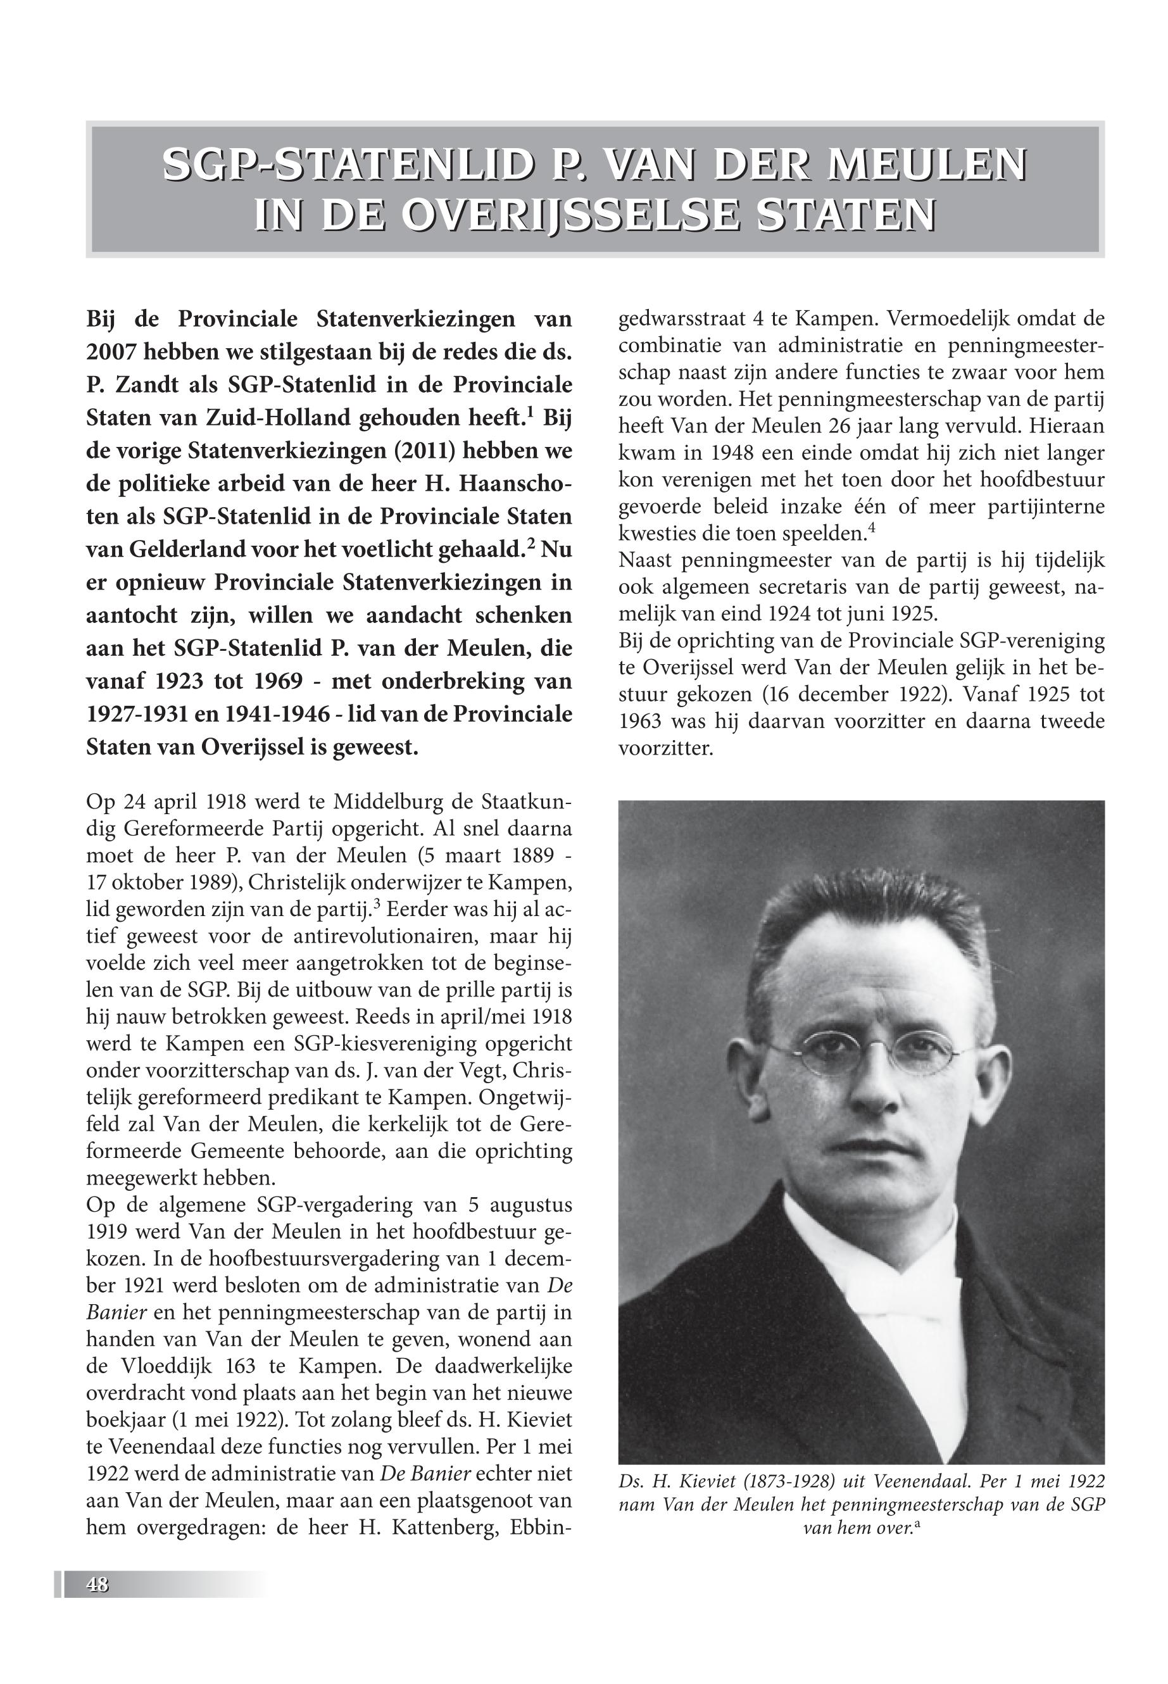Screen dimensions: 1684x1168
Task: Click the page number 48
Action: pyautogui.click(x=97, y=1584)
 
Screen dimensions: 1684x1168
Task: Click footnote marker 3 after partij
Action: pyautogui.click(x=376, y=905)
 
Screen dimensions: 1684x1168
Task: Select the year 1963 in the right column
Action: pyautogui.click(x=641, y=722)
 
